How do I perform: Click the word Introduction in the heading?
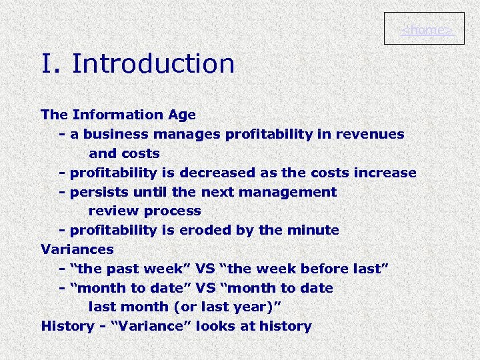coord(153,64)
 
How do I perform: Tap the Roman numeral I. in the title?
coord(51,64)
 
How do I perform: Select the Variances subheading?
coord(77,249)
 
